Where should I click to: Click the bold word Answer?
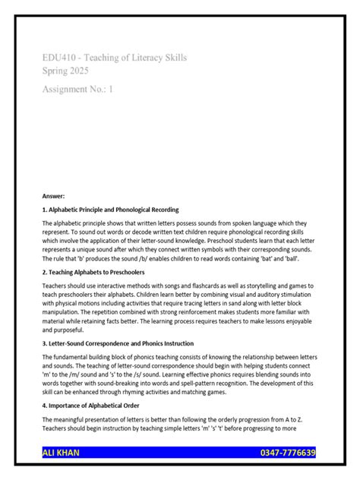point(54,195)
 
